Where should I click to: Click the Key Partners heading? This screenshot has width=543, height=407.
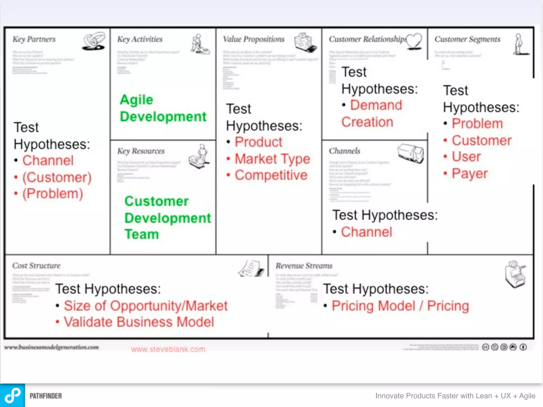click(x=34, y=39)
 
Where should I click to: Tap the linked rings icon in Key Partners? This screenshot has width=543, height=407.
click(x=94, y=41)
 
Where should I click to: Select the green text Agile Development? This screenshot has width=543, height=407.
click(x=163, y=108)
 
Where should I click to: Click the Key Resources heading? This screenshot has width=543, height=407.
click(x=141, y=151)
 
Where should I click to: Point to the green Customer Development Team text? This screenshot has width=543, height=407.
click(x=168, y=218)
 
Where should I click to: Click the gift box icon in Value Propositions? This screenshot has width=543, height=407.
click(x=305, y=42)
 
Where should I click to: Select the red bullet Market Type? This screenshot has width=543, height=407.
click(x=272, y=159)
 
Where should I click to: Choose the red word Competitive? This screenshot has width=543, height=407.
click(x=271, y=175)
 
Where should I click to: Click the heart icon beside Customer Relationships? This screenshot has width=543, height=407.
click(x=414, y=41)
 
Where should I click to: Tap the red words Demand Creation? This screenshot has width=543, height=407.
click(x=372, y=114)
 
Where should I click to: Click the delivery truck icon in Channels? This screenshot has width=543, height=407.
click(x=410, y=153)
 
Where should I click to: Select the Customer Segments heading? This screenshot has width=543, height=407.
click(x=467, y=39)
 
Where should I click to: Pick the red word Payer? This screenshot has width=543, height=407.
click(x=470, y=174)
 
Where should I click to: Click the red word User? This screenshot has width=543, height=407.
click(x=466, y=157)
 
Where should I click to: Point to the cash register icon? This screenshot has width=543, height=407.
click(x=515, y=274)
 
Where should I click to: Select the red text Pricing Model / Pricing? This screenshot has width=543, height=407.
click(x=400, y=306)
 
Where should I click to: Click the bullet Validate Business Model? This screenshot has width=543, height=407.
click(x=139, y=322)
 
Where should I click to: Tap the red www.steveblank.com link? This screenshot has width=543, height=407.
click(x=168, y=349)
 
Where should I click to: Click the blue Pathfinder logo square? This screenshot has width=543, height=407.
click(x=12, y=395)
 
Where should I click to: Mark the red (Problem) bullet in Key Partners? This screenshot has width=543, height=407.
click(x=52, y=194)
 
